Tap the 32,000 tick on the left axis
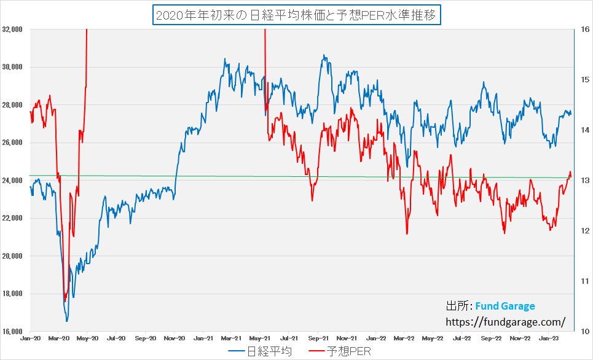click(12, 29)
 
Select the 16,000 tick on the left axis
click(12, 332)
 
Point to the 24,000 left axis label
click(12, 181)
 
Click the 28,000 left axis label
click(12, 104)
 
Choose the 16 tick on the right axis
click(585, 29)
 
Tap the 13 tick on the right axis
click(585, 181)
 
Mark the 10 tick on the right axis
click(585, 332)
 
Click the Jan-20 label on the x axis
click(30, 338)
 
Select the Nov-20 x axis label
click(175, 338)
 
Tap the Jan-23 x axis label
click(549, 338)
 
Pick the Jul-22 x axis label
click(462, 338)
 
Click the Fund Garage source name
click(505, 306)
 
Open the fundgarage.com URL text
click(504, 321)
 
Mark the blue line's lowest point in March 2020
click(67, 321)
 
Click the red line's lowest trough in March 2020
click(65, 301)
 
